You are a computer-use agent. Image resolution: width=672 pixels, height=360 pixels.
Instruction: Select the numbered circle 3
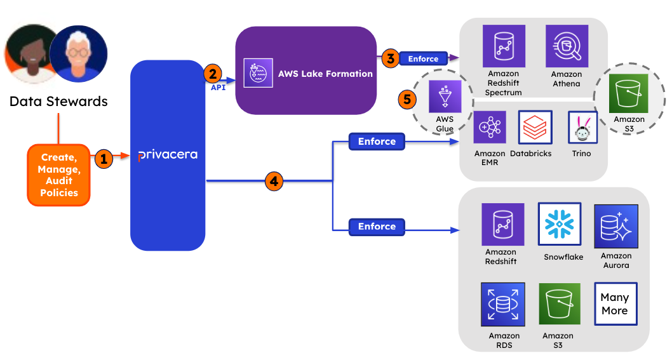pos(390,58)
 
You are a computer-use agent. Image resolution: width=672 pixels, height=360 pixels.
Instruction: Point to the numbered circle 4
pos(274,182)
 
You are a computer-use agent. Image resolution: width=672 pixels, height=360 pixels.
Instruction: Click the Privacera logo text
pos(168,155)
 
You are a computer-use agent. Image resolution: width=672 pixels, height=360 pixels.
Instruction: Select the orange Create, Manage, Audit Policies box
pos(58,175)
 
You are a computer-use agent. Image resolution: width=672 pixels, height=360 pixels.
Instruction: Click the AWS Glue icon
pos(445,97)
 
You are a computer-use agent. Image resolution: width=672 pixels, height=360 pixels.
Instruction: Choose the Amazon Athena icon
pos(567,46)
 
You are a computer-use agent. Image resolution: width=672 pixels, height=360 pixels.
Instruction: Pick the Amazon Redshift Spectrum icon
pos(503,46)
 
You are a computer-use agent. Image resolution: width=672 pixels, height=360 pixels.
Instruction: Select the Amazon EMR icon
pos(489,128)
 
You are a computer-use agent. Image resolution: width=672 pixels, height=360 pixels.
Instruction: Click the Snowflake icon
pos(560,223)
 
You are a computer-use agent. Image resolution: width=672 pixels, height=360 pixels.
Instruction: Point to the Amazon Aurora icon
pos(615,226)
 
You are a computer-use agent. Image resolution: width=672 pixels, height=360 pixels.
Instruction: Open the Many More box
pos(615,304)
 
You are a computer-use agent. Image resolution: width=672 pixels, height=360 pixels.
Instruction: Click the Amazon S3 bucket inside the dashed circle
pos(629,94)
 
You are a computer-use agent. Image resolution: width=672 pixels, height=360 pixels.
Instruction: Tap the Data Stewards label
pos(58,101)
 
